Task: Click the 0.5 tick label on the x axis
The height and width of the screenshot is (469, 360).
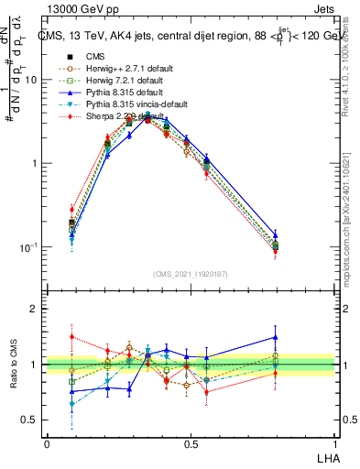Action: (x=191, y=444)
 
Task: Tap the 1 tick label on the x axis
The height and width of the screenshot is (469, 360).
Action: (x=334, y=444)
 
